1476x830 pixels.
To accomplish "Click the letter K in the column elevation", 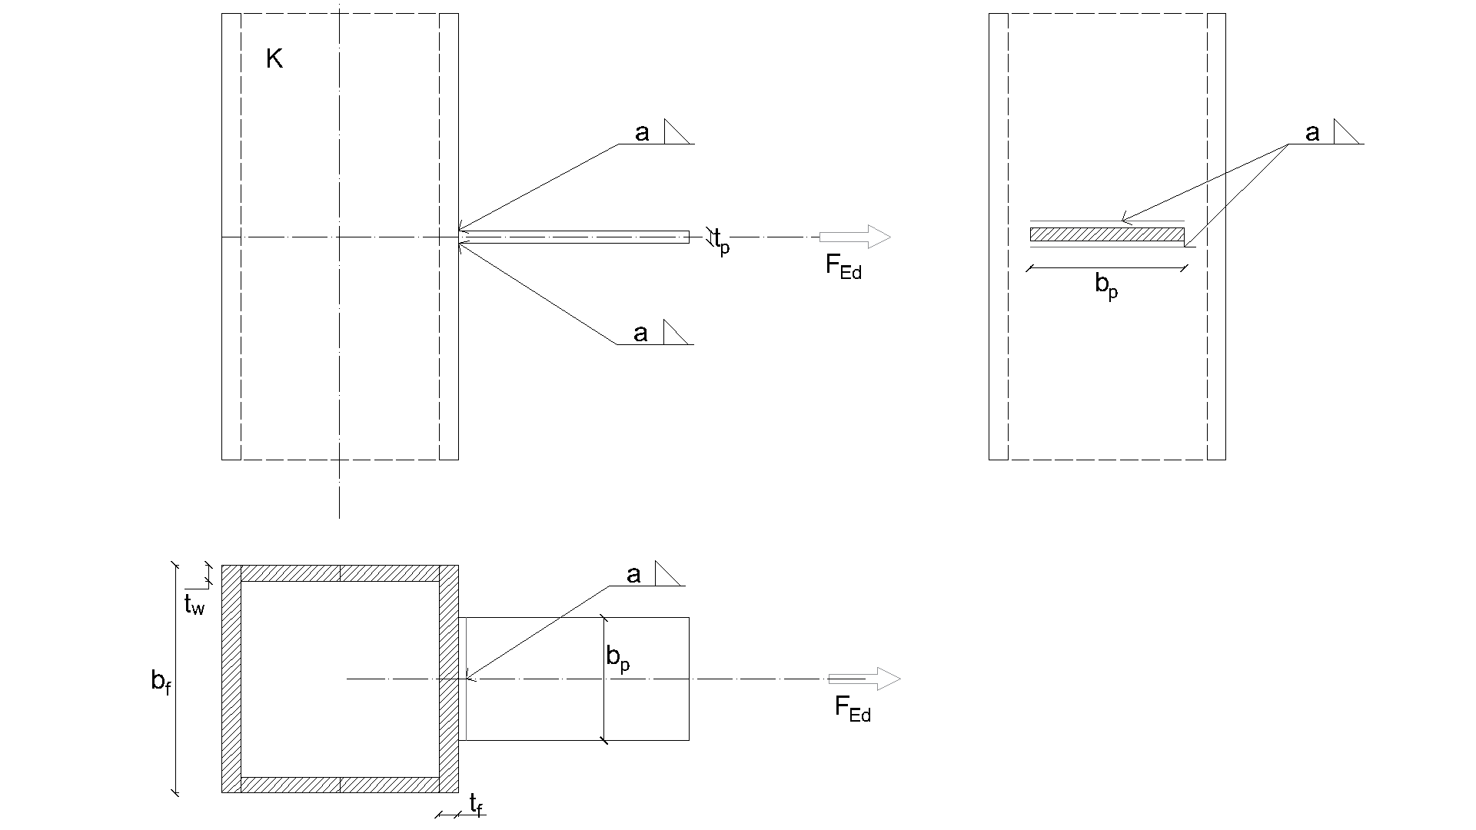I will (274, 59).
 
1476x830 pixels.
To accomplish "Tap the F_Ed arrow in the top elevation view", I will (855, 237).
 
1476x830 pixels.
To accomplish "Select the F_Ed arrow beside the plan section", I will (864, 679).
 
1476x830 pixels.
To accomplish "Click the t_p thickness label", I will (721, 242).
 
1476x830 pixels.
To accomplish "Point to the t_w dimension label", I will (194, 606).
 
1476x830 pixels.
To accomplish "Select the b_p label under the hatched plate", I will (1106, 286).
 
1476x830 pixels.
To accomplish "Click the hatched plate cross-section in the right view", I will (1107, 234).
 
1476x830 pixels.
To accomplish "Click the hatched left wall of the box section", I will (231, 679).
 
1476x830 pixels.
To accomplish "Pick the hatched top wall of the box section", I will (340, 573).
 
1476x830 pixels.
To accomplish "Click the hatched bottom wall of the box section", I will (340, 785).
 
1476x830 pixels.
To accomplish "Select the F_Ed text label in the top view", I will (843, 266).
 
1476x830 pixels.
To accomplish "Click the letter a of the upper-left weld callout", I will (642, 133).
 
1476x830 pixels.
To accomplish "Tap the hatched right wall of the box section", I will (449, 679).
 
